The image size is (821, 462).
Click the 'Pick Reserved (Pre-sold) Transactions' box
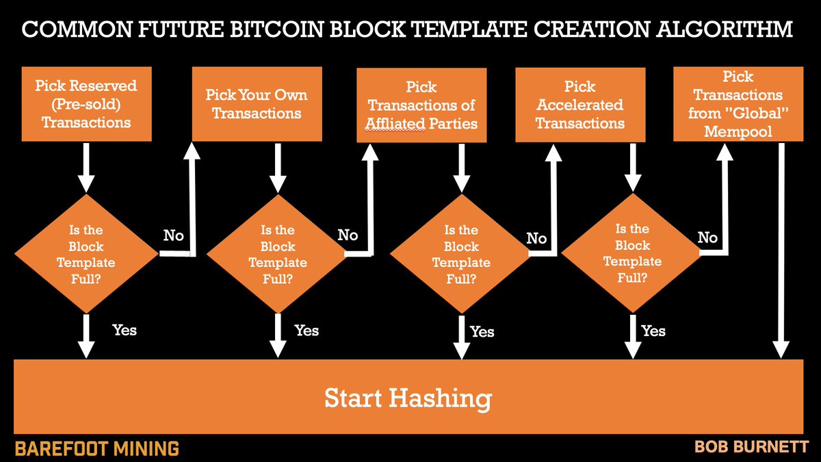tap(86, 103)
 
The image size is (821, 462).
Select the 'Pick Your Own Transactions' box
tap(257, 103)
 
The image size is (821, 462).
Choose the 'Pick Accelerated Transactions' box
tap(579, 105)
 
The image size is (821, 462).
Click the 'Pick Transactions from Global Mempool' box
tap(738, 103)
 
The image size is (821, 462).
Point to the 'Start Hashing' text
tap(408, 398)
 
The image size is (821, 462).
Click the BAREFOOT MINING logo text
tap(96, 448)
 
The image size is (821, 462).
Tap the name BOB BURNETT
tap(751, 447)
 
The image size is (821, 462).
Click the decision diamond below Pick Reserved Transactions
tap(86, 254)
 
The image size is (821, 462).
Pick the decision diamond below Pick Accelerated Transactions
tap(632, 253)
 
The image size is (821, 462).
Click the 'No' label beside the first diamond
tap(174, 235)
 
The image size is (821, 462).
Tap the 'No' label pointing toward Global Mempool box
tap(707, 238)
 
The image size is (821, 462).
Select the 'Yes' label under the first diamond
tap(124, 330)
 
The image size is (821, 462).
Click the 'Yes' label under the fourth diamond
tap(653, 331)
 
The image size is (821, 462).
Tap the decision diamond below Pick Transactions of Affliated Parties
tap(460, 254)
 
